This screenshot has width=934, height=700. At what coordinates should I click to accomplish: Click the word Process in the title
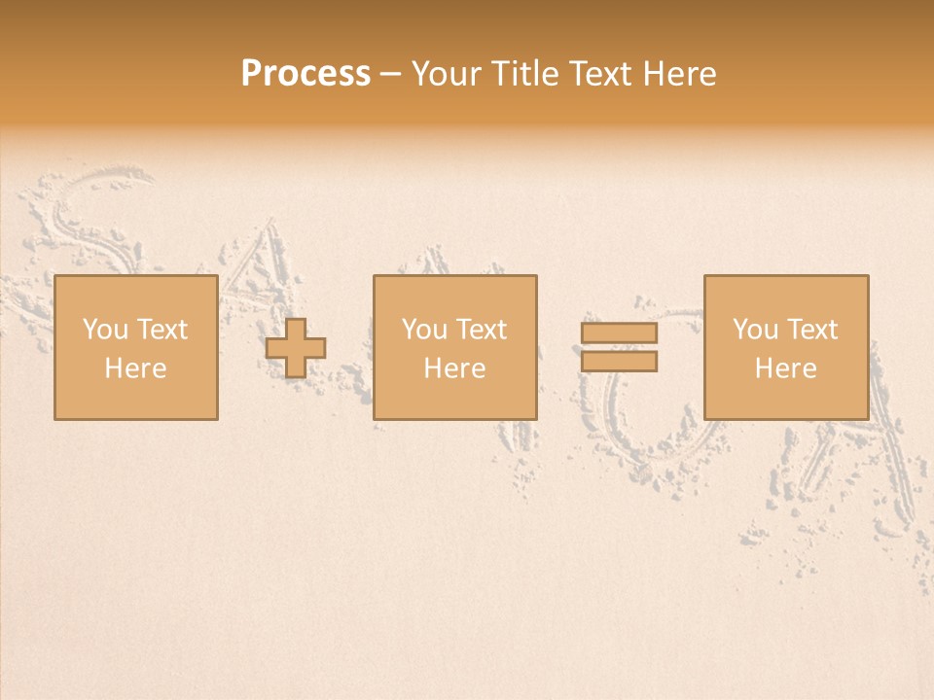(x=305, y=74)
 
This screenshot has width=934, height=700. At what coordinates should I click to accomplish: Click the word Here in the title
(x=678, y=74)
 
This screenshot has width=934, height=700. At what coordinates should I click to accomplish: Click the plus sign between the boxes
(x=296, y=348)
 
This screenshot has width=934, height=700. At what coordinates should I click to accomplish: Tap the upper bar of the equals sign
(x=619, y=332)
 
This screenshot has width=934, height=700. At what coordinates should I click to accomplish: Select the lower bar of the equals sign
(x=619, y=362)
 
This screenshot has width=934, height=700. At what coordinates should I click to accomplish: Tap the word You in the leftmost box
(x=104, y=330)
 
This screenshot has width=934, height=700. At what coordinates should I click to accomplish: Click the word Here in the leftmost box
(x=135, y=368)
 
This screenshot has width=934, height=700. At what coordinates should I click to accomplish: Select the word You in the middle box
(x=424, y=330)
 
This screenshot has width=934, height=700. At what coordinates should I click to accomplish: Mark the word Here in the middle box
(x=454, y=368)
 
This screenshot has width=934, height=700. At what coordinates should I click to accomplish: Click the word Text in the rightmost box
(x=811, y=330)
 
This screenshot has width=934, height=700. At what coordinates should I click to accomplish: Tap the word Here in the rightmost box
(x=785, y=368)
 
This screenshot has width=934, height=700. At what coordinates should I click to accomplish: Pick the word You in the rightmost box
(x=755, y=330)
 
